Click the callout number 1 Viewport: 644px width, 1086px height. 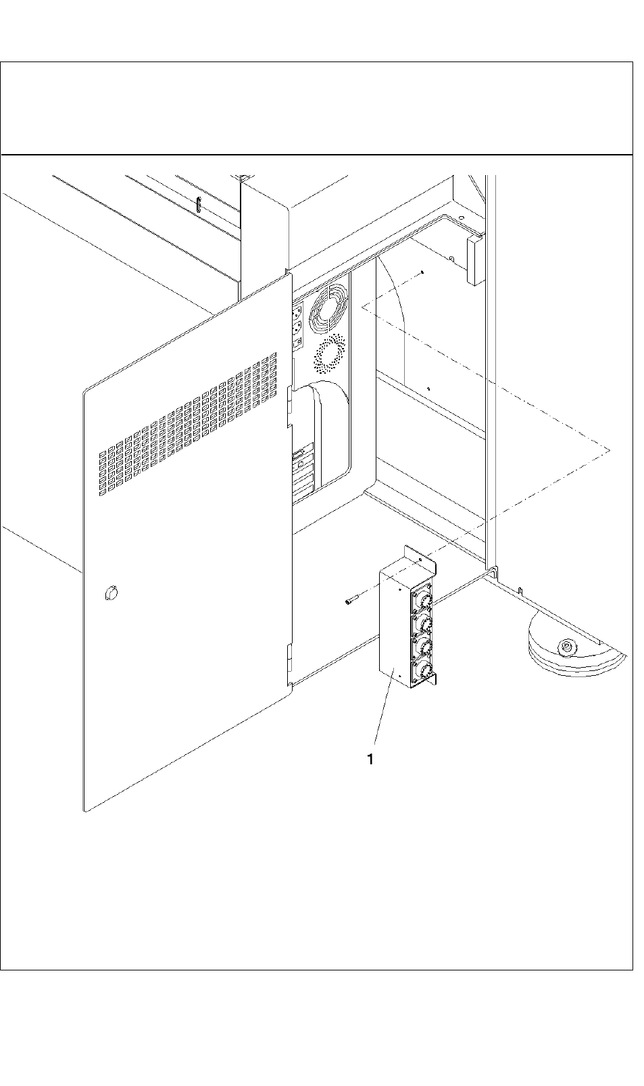point(370,760)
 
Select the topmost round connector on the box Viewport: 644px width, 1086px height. point(423,599)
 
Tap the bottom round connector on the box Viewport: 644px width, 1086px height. point(423,670)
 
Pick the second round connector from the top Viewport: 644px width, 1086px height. point(423,622)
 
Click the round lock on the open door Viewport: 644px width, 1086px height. point(111,593)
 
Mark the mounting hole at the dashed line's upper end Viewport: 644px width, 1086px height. point(422,272)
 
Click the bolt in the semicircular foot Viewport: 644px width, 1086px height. point(566,647)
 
